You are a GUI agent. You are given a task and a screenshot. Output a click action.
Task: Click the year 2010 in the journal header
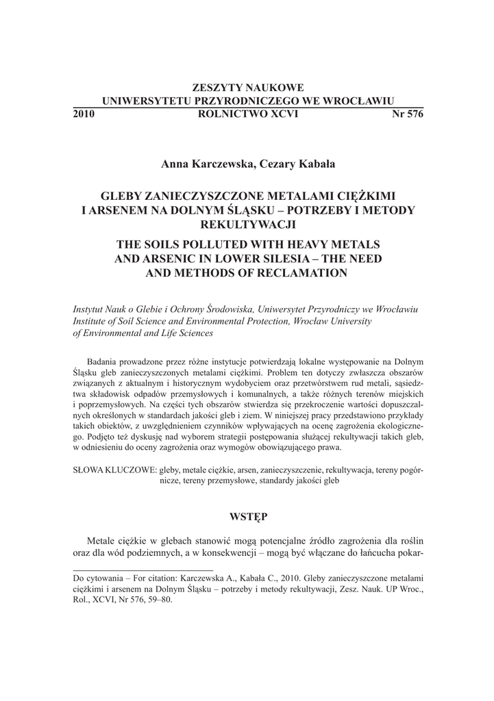[83, 114]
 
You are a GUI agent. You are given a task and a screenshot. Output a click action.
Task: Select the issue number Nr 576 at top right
[407, 114]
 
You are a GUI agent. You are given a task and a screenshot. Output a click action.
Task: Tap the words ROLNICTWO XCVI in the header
[247, 114]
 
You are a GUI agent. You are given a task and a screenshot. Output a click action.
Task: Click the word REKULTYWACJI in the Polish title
[247, 224]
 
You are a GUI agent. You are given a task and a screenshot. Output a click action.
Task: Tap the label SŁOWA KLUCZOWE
[114, 470]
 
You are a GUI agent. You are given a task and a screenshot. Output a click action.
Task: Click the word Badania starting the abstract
[103, 361]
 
